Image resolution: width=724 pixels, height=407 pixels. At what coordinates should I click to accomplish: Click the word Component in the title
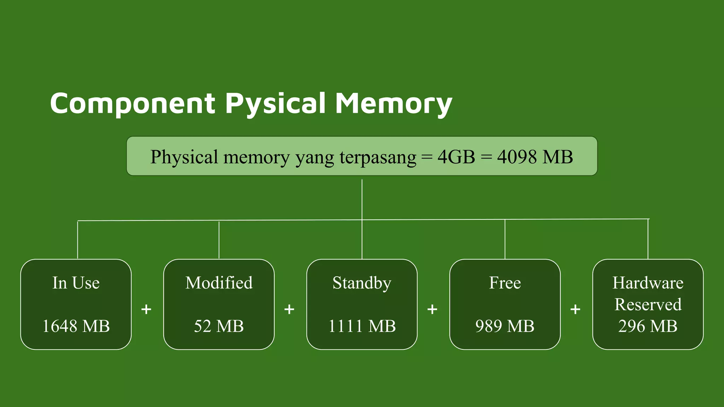(133, 103)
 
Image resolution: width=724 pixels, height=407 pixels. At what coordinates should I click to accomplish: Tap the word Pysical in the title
(275, 103)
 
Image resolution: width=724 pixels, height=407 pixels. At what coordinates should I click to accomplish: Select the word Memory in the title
(393, 103)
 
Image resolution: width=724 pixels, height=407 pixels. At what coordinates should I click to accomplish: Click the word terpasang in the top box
(378, 157)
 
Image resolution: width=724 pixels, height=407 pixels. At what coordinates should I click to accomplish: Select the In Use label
(76, 283)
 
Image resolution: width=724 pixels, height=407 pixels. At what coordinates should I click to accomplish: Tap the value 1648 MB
(76, 326)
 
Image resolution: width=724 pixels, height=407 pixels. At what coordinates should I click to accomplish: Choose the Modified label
(219, 283)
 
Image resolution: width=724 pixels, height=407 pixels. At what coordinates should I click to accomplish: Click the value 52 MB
(219, 326)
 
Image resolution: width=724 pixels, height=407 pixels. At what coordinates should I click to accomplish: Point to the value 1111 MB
(362, 326)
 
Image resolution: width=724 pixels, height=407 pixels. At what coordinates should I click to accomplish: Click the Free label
(505, 283)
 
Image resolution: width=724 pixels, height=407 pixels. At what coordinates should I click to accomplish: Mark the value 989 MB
(505, 326)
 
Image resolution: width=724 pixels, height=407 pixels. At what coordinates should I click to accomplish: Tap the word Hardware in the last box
(648, 283)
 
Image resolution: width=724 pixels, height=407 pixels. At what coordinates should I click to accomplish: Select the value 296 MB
(648, 326)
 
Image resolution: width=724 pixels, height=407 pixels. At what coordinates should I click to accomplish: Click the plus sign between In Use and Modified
(146, 309)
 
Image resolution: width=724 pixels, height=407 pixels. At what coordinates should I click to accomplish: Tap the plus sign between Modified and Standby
(289, 309)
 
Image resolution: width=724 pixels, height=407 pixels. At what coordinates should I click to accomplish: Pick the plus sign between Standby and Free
(432, 309)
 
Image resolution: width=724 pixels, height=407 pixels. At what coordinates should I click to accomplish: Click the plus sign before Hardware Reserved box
(575, 309)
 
